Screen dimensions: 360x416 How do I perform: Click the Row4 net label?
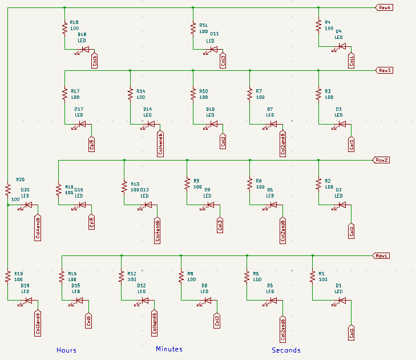pos(383,7)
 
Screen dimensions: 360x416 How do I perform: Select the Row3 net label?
pos(384,70)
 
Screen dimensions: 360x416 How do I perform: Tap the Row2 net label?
pos(381,160)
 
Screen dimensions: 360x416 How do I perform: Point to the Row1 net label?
pos(381,255)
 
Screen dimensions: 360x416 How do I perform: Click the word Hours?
pos(66,350)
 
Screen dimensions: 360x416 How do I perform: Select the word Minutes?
pos(169,349)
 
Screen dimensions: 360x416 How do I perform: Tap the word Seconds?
pos(286,350)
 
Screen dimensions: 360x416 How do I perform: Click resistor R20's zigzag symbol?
pos(8,189)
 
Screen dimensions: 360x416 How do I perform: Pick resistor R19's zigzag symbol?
pos(8,277)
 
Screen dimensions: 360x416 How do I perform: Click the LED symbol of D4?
pos(342,47)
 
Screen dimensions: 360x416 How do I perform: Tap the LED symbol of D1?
pos(338,300)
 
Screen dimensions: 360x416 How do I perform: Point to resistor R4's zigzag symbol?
pos(318,26)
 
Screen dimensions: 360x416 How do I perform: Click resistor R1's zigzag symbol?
pos(312,277)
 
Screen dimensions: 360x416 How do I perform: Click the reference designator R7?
pos(259,91)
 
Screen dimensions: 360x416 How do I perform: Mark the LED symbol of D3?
pos(338,124)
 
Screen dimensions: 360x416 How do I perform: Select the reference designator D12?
pos(142,285)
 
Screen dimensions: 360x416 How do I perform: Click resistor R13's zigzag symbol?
pos(124,186)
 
